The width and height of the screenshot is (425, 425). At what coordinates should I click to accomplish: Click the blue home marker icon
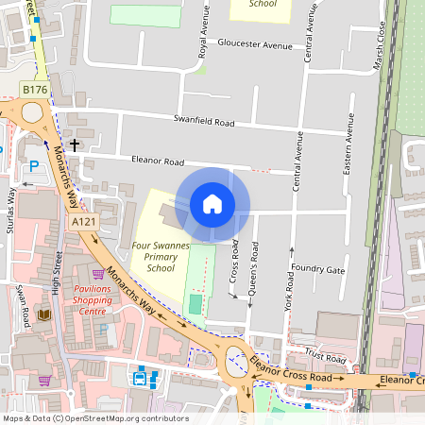pyautogui.click(x=212, y=204)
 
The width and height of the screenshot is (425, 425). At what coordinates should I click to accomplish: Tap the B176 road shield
pyautogui.click(x=35, y=89)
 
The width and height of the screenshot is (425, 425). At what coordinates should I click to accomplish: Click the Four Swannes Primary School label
pyautogui.click(x=161, y=256)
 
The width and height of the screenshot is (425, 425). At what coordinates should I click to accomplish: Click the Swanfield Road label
pyautogui.click(x=203, y=121)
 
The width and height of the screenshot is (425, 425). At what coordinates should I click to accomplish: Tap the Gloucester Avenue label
pyautogui.click(x=255, y=44)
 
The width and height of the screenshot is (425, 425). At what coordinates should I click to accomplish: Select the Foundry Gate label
pyautogui.click(x=318, y=270)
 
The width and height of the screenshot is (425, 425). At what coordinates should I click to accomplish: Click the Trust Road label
pyautogui.click(x=326, y=359)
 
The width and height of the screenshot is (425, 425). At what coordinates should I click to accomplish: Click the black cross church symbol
pyautogui.click(x=74, y=144)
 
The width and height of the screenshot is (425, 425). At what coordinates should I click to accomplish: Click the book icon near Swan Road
pyautogui.click(x=43, y=314)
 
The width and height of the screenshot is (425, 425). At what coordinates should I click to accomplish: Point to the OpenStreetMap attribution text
pyautogui.click(x=95, y=418)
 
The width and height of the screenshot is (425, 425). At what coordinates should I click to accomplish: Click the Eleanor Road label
pyautogui.click(x=158, y=161)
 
